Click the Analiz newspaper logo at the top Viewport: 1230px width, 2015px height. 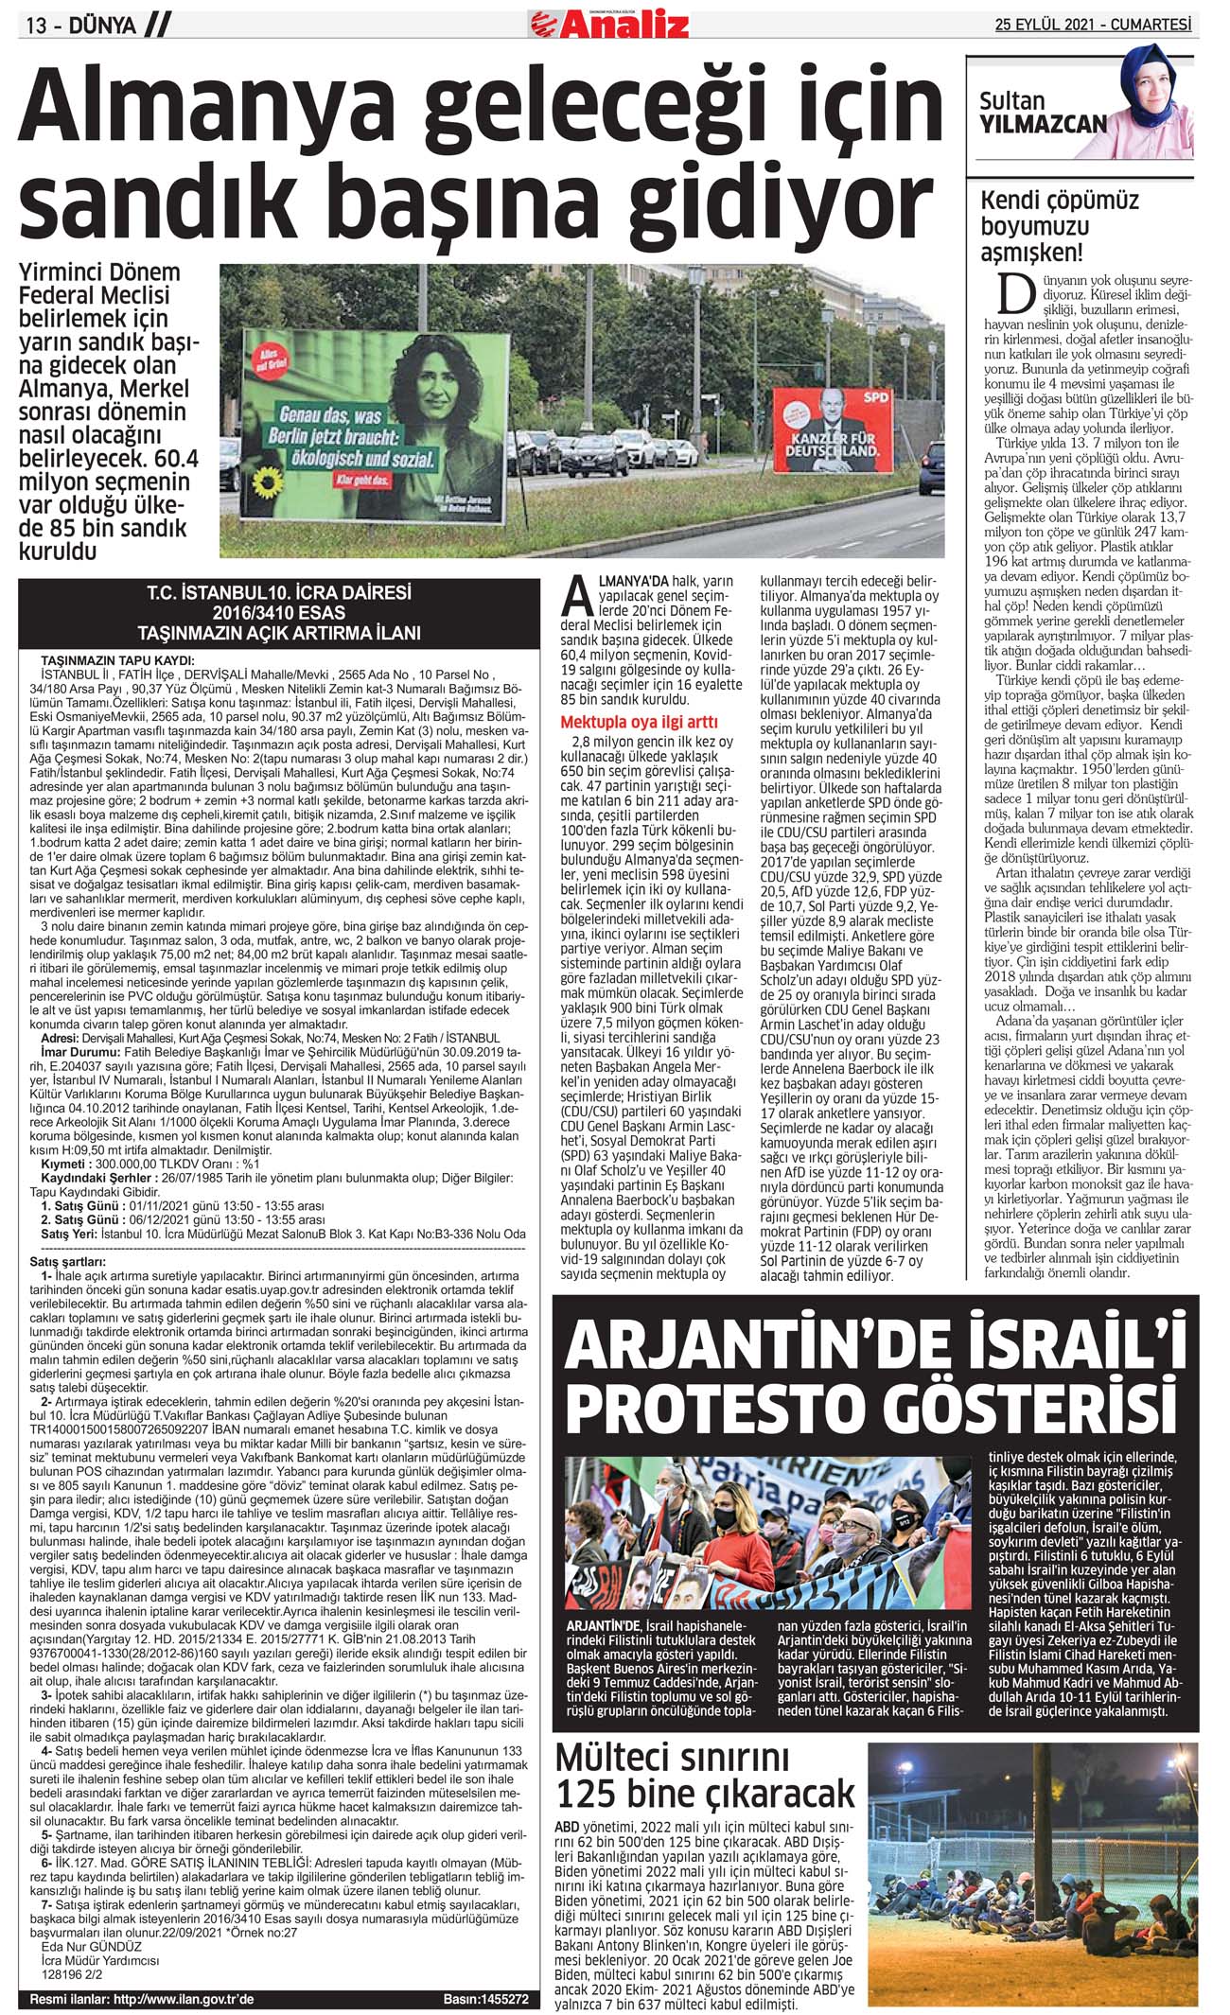click(x=609, y=23)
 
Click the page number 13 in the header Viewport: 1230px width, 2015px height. click(x=37, y=26)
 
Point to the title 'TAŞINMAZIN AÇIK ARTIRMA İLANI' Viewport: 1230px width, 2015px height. click(x=278, y=633)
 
